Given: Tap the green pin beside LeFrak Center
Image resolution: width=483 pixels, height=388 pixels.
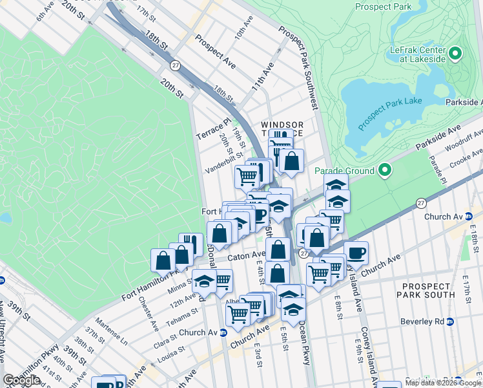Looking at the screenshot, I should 455,53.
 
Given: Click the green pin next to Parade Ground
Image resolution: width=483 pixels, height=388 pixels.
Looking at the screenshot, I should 385,171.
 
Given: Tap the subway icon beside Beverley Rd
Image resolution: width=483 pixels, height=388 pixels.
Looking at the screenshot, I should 450,321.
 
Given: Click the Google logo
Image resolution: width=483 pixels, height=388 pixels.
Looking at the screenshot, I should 21,381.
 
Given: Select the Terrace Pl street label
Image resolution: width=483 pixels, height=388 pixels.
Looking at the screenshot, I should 213,131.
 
